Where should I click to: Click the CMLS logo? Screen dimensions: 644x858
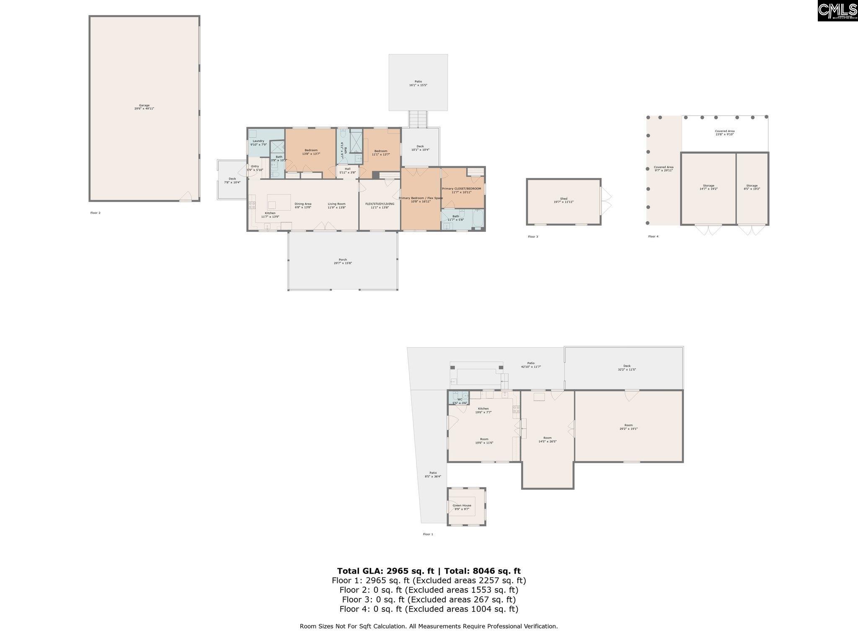(x=837, y=10)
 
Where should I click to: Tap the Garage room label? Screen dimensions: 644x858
(x=144, y=107)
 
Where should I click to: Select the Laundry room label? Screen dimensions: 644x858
(x=258, y=143)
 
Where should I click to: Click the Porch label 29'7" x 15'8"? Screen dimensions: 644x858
(x=343, y=261)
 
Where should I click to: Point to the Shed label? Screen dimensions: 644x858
(x=563, y=200)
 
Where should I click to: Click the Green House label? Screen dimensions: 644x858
(x=462, y=507)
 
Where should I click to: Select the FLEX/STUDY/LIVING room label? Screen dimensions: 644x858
(x=380, y=205)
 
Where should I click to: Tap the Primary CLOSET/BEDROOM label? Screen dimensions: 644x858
(x=461, y=190)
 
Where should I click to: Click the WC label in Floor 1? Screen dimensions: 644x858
(x=460, y=401)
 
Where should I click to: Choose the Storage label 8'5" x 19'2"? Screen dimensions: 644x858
(x=752, y=187)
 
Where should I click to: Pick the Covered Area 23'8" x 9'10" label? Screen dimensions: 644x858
(x=724, y=132)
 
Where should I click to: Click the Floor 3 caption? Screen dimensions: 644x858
(x=532, y=237)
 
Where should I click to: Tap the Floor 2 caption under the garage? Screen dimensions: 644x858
(x=96, y=213)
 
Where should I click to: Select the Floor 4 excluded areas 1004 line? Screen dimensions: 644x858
(x=429, y=609)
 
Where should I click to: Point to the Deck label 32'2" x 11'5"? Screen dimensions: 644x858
(x=627, y=367)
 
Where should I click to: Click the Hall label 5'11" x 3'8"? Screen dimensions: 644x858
(x=347, y=170)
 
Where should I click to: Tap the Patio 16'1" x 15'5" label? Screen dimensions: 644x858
(x=418, y=83)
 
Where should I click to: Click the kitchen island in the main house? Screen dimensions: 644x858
(x=279, y=202)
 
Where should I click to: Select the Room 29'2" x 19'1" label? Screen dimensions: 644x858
(x=628, y=427)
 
